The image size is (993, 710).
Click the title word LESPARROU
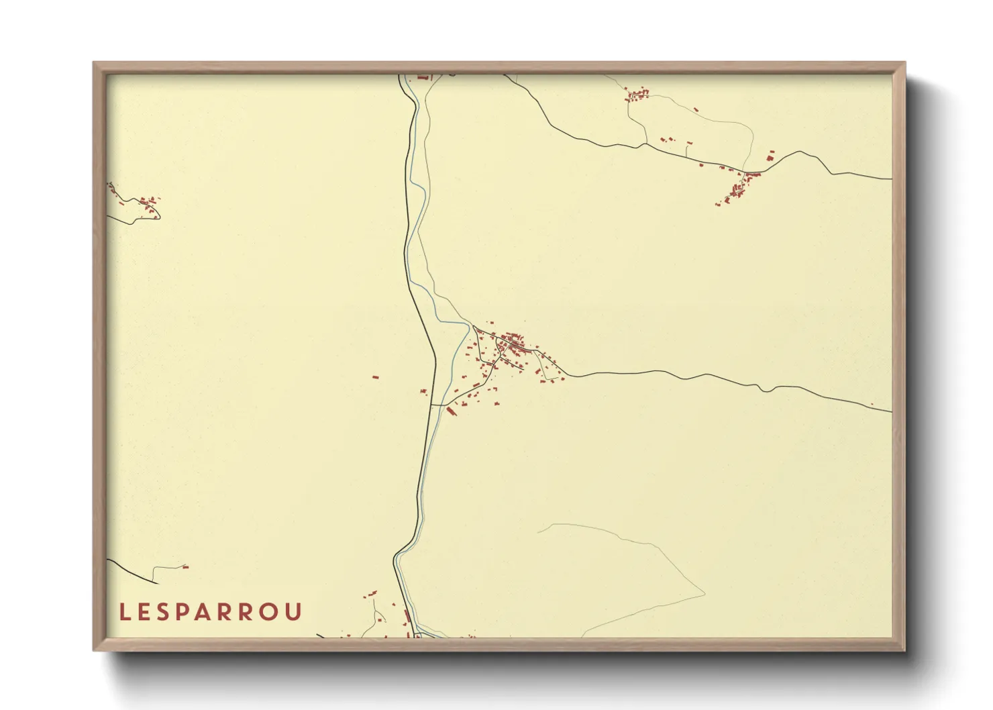[211, 612]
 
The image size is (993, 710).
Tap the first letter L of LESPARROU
[123, 612]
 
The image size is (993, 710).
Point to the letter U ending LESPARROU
[295, 612]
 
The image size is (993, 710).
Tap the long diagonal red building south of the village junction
[451, 410]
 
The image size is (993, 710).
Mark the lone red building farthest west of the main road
[376, 377]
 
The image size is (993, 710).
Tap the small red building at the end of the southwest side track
[185, 567]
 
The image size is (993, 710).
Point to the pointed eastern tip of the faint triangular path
[704, 593]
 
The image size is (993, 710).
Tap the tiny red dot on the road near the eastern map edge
[872, 404]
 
